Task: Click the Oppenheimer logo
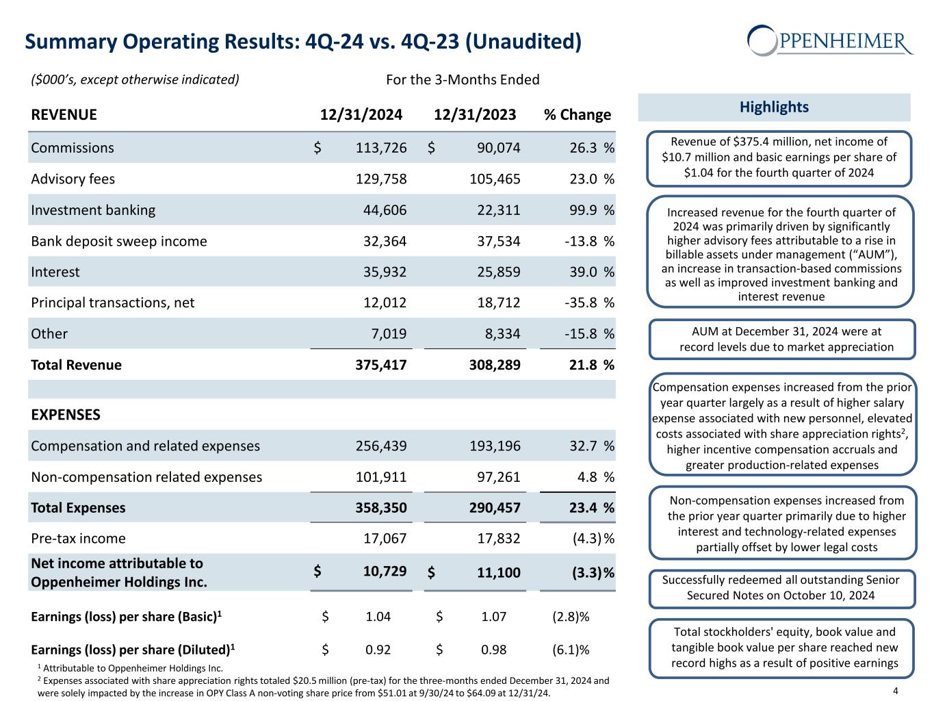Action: (x=829, y=41)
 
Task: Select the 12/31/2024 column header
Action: (x=361, y=114)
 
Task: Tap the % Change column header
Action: (x=577, y=114)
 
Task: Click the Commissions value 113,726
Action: (x=381, y=148)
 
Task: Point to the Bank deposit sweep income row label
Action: (x=119, y=241)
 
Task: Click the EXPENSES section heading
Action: (x=66, y=415)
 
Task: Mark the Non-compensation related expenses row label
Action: (x=146, y=477)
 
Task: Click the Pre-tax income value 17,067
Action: (x=385, y=539)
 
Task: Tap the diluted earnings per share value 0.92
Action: (x=378, y=650)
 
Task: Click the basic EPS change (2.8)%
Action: (x=571, y=617)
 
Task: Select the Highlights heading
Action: (x=774, y=107)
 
